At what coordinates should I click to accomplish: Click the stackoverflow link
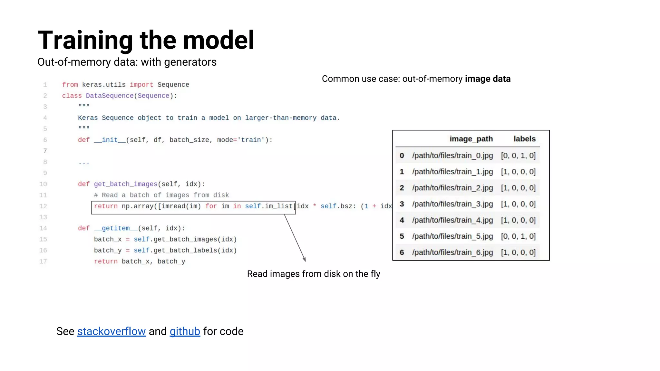click(111, 331)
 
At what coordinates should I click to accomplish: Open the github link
click(185, 331)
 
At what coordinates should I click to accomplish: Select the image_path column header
click(471, 139)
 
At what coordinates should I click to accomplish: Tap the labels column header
click(524, 139)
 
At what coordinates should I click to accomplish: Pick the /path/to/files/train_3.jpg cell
click(452, 204)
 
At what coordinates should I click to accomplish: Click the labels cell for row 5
click(518, 236)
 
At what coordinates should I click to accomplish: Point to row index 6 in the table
click(402, 252)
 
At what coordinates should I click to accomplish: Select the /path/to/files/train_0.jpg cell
click(452, 156)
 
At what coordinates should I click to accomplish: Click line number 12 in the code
click(43, 206)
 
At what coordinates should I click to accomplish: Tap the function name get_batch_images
click(125, 184)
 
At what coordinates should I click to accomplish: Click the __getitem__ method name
click(116, 228)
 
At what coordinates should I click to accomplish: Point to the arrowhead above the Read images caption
click(304, 259)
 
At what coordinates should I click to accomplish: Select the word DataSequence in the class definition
click(110, 96)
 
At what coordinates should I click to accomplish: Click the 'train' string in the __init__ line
click(251, 140)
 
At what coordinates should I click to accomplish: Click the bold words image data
click(488, 79)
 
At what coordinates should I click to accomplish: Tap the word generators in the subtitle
click(190, 62)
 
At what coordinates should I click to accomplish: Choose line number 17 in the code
click(43, 262)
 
